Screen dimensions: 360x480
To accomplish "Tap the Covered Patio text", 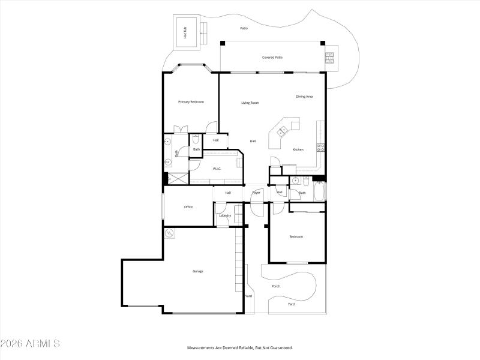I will pyautogui.click(x=272, y=58).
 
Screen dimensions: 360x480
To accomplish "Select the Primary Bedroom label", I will pyautogui.click(x=191, y=102).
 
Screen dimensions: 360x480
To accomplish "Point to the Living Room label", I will pyautogui.click(x=250, y=103).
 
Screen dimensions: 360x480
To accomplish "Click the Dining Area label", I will pyautogui.click(x=304, y=97).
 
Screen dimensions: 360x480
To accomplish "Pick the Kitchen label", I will pyautogui.click(x=298, y=149).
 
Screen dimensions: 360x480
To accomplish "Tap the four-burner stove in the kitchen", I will pyautogui.click(x=320, y=146).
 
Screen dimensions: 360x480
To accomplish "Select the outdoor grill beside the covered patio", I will pyautogui.click(x=329, y=58).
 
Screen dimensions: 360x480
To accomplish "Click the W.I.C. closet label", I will pyautogui.click(x=217, y=169).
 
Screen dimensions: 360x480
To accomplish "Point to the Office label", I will pyautogui.click(x=188, y=207).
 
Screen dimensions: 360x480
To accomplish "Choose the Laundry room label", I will pyautogui.click(x=225, y=215).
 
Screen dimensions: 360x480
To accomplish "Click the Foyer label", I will pyautogui.click(x=256, y=193).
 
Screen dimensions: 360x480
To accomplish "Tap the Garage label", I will pyautogui.click(x=197, y=271).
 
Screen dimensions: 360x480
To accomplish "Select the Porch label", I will pyautogui.click(x=276, y=286).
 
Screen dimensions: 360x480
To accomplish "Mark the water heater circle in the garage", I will pyautogui.click(x=169, y=233).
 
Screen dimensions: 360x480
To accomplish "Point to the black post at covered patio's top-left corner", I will pyautogui.click(x=223, y=43).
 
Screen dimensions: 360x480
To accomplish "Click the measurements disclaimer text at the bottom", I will pyautogui.click(x=239, y=348).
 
